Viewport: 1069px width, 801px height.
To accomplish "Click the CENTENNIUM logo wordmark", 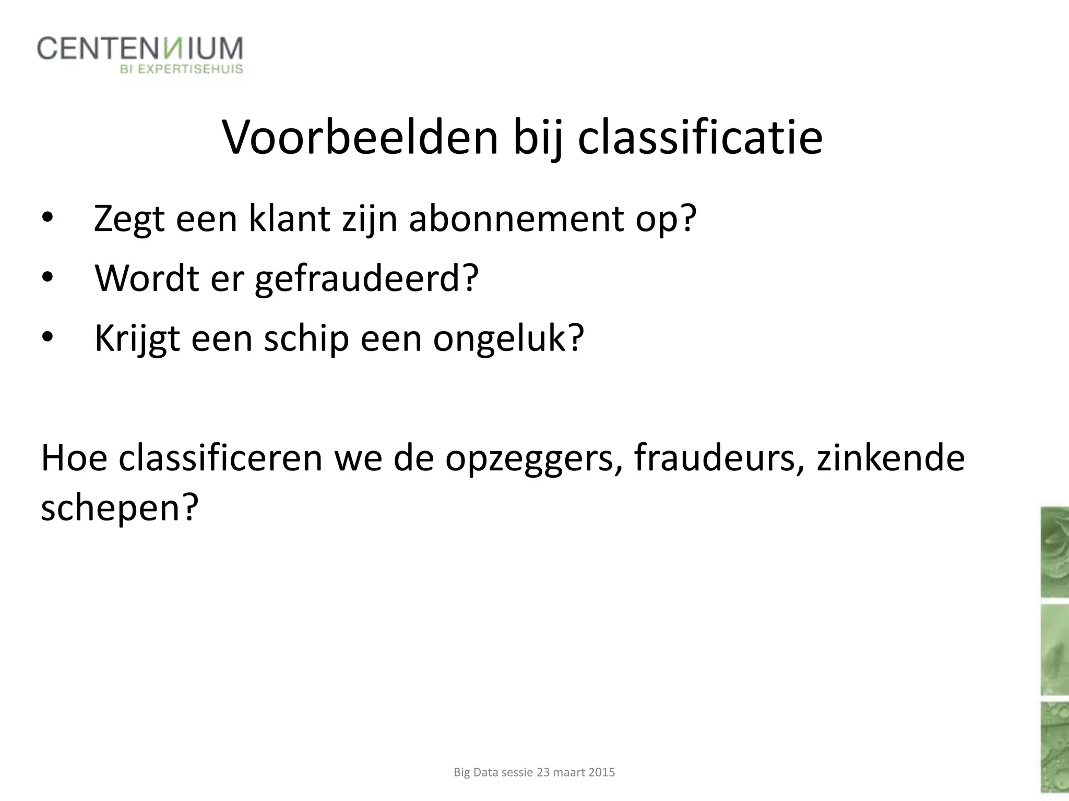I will (x=140, y=49).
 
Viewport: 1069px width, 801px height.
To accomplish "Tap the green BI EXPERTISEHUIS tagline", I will (x=182, y=69).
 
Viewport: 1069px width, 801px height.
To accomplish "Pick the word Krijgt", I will (x=137, y=339).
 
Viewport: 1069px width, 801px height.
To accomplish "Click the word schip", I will (x=306, y=339).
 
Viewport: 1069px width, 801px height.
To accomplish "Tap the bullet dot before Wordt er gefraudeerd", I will (x=47, y=278).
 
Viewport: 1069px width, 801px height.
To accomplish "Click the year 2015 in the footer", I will (x=601, y=772).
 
